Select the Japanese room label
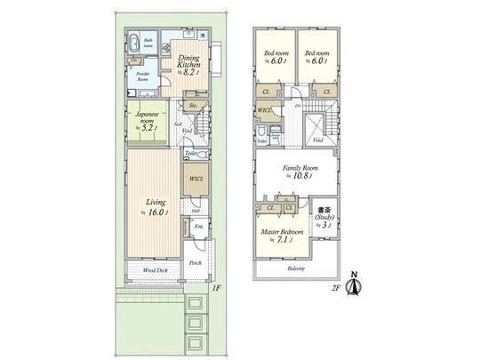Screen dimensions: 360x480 click(143, 119)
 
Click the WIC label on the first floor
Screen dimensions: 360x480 click(196, 180)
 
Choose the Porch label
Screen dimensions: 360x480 click(195, 263)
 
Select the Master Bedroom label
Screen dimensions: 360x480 click(282, 233)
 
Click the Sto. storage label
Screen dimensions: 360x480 click(193, 105)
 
